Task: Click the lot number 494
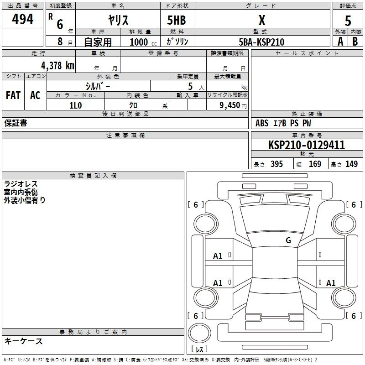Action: [23, 20]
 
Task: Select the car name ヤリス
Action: [118, 20]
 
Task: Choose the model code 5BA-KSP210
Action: [261, 42]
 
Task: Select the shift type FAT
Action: [13, 95]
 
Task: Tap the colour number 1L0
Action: [75, 105]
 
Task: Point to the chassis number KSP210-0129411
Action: [307, 145]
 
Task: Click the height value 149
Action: [351, 164]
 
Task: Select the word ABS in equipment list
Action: [262, 123]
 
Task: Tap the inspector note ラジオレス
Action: [21, 184]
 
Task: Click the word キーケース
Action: [23, 341]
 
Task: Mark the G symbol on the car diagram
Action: [288, 240]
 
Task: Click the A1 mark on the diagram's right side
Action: [331, 283]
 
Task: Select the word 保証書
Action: [16, 123]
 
